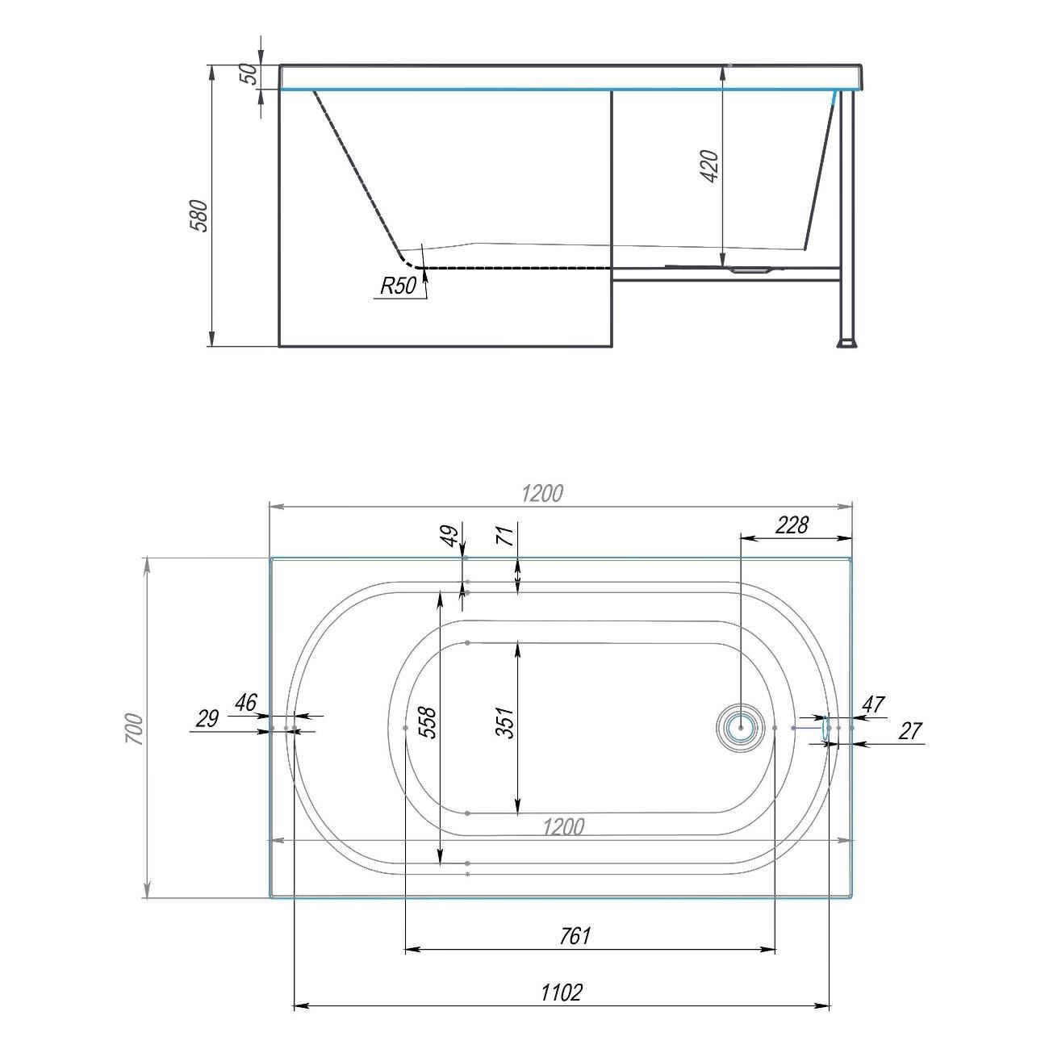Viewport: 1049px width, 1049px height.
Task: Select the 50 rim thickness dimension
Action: [250, 74]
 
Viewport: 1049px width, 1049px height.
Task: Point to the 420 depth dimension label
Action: [709, 165]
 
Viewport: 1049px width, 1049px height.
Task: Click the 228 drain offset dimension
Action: [791, 525]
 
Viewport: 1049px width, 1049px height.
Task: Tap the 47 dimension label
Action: [873, 704]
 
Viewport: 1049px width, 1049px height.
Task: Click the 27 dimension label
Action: [909, 731]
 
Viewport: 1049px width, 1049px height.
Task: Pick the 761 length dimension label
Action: [575, 936]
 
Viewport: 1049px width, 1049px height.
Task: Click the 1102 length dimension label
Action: [561, 992]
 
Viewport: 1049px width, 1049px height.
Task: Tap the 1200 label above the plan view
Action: [541, 493]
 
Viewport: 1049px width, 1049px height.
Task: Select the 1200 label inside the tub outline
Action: [563, 826]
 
